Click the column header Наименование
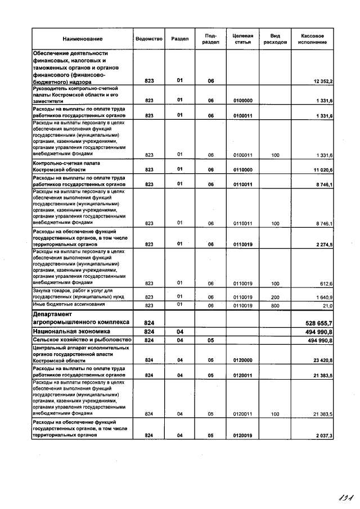click(83, 39)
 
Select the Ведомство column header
click(149, 39)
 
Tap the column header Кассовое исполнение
click(312, 39)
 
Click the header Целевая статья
click(243, 39)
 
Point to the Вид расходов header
click(275, 39)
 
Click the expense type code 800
click(275, 305)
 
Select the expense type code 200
click(275, 297)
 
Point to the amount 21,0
click(326, 305)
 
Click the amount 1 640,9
click(323, 297)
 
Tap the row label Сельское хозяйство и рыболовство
click(82, 340)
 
